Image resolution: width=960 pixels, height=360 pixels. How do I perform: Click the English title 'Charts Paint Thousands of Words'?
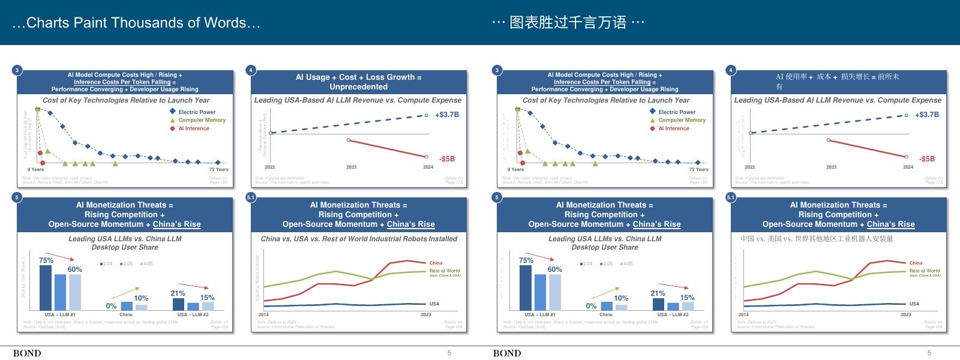pos(136,23)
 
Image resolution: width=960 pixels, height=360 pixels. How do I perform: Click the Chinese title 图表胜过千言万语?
pos(568,23)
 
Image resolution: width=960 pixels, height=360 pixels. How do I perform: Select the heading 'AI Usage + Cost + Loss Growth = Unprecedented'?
pos(358,82)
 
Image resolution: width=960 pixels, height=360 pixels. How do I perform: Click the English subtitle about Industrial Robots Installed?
pos(358,239)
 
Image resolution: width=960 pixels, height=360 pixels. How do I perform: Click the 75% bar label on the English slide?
pos(46,260)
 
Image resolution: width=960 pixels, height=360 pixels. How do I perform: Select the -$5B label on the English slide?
pos(446,159)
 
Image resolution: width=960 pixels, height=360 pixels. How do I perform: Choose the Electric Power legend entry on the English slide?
pos(197,112)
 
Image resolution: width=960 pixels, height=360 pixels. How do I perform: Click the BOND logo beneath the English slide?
pos(27,353)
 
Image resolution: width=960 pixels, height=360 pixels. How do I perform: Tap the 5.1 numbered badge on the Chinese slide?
pos(731,197)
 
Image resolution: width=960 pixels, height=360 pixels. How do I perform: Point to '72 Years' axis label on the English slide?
pos(218,169)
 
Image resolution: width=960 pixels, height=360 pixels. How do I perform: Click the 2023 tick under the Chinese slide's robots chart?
pos(905,314)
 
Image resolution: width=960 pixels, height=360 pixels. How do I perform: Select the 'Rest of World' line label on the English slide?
pos(445,271)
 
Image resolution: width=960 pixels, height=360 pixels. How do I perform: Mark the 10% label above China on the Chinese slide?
pos(621,298)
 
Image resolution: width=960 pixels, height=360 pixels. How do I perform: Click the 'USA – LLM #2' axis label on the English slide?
pos(193,314)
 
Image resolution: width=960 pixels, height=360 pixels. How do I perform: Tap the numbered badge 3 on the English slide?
pos(17,70)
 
